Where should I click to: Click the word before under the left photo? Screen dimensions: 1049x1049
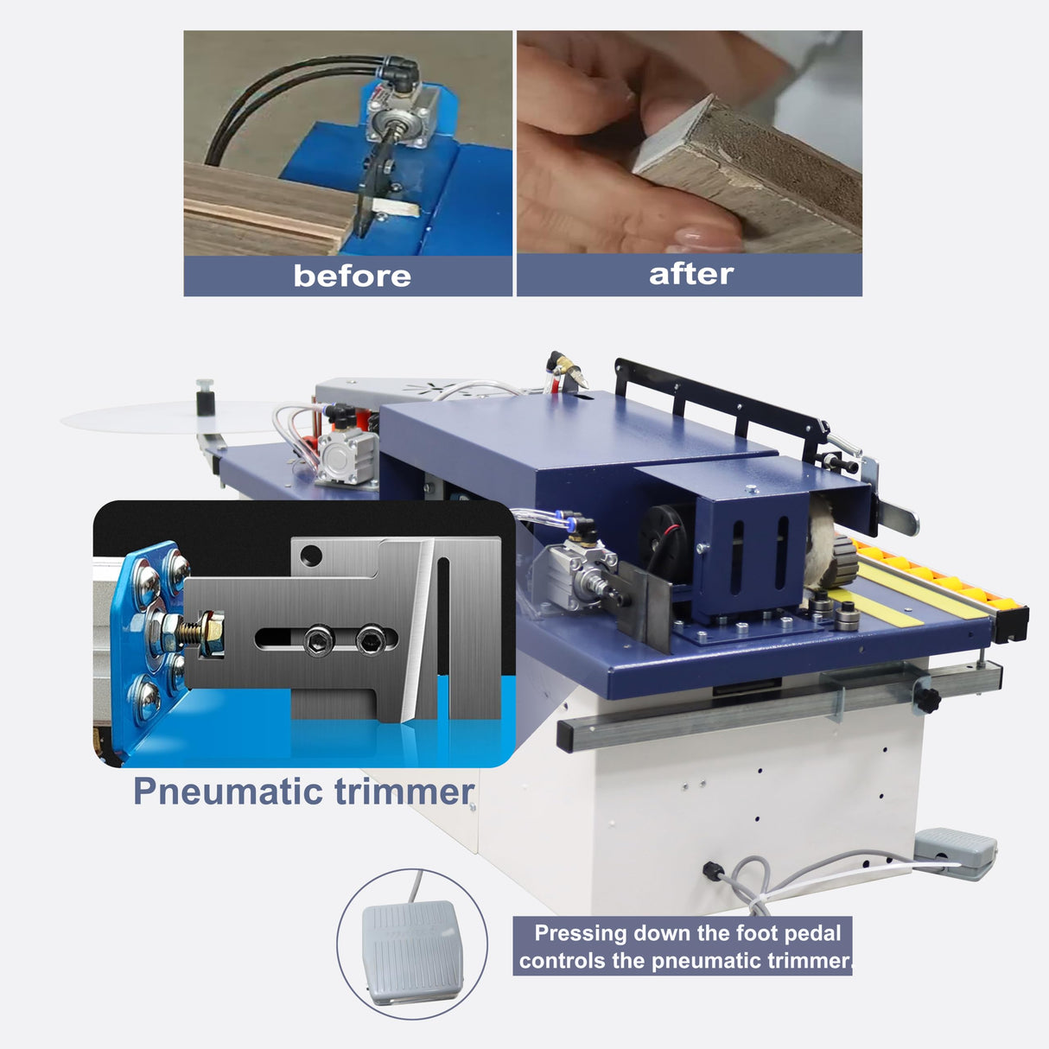pos(352,276)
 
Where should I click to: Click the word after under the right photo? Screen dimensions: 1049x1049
pos(690,274)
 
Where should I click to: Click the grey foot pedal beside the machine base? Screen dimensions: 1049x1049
pos(955,852)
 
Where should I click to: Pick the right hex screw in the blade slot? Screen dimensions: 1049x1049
pos(371,639)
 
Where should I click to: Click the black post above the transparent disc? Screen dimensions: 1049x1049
pos(205,398)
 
